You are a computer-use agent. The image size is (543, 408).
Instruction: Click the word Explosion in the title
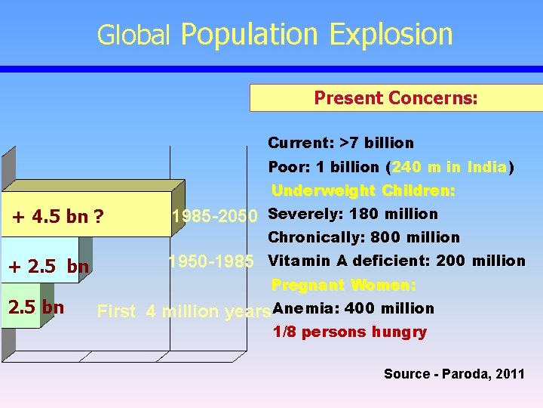point(391,35)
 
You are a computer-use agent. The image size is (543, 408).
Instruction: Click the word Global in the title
point(134,36)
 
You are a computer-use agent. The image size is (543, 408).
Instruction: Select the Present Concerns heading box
point(395,97)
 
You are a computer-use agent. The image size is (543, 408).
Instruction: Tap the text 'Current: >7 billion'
point(341,143)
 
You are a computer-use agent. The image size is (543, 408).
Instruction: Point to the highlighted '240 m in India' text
point(449,167)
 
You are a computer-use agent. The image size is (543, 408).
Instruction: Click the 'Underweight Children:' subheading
point(363,190)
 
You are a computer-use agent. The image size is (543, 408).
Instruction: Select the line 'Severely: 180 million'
point(353,214)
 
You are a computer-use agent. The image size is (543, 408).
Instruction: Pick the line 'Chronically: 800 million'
point(364,237)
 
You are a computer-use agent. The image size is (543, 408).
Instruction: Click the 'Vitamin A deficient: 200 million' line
point(397,261)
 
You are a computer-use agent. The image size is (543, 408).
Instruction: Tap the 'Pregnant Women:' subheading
point(343,285)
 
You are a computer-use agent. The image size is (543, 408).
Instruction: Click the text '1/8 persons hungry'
point(349,332)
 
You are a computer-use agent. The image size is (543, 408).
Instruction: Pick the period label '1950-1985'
point(210,261)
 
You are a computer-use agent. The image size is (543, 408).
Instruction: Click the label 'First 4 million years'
point(183,311)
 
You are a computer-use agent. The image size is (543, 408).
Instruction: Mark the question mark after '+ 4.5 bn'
point(100,218)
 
